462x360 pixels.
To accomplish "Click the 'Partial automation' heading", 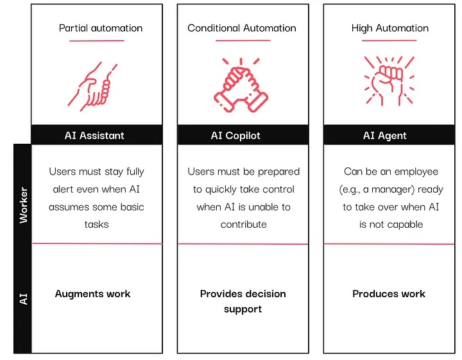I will [x=101, y=28].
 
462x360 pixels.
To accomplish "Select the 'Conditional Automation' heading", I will [x=242, y=28].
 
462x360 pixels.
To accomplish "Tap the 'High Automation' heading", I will [x=389, y=28].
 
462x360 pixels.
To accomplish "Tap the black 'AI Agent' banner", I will [x=385, y=135].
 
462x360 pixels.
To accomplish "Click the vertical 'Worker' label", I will [x=23, y=205].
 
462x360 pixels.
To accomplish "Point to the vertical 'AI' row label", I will [x=23, y=298].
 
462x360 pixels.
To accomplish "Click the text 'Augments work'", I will [x=92, y=294].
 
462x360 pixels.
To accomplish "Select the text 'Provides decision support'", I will [x=243, y=302].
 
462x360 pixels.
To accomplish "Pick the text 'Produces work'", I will [x=389, y=294].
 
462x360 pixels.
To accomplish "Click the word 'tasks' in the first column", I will [x=96, y=225].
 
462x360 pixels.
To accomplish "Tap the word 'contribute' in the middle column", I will [x=243, y=225].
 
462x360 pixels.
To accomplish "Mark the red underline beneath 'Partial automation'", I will [x=96, y=41].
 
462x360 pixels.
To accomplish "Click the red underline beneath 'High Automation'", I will [x=389, y=41].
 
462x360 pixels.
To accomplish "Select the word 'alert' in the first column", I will [x=62, y=189].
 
